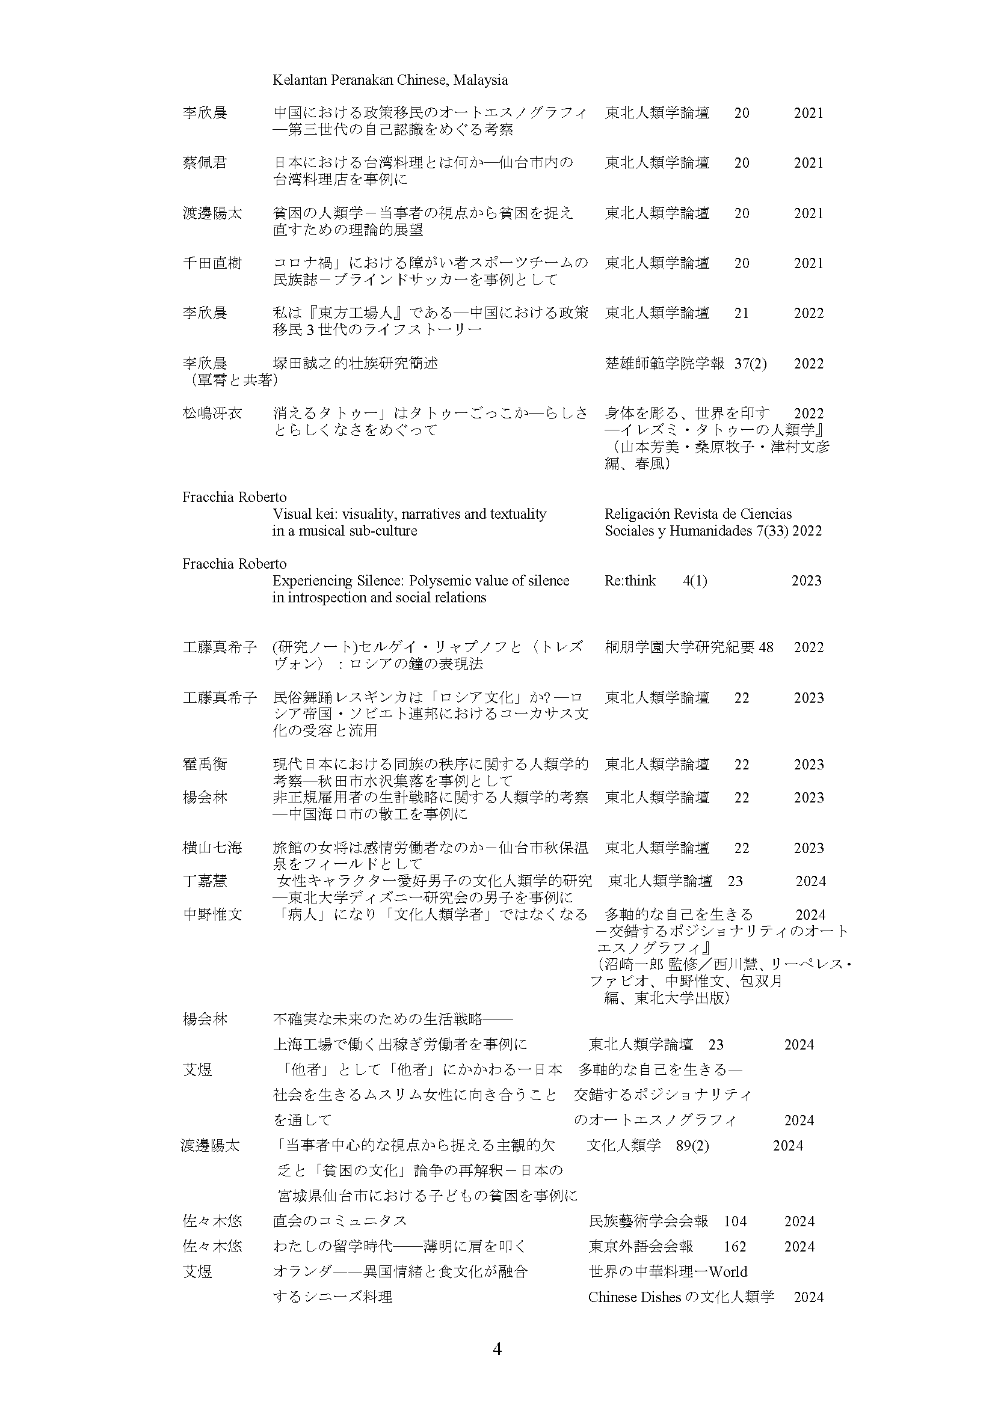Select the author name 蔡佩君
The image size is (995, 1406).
click(x=205, y=163)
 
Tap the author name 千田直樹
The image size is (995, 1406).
click(x=212, y=263)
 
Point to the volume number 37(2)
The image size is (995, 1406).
click(x=751, y=364)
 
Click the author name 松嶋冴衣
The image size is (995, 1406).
click(x=212, y=414)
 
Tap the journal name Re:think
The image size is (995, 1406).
click(x=630, y=581)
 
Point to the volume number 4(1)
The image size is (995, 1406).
click(x=695, y=581)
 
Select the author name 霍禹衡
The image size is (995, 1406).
click(x=205, y=764)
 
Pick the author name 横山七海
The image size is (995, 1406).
click(x=212, y=848)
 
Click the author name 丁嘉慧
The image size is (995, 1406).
click(x=205, y=881)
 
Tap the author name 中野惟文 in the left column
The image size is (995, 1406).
click(x=212, y=915)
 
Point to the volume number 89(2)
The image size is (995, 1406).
click(x=692, y=1146)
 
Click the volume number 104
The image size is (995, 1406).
click(x=735, y=1221)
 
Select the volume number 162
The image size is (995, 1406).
click(x=735, y=1247)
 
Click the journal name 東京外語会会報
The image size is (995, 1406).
click(x=641, y=1247)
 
